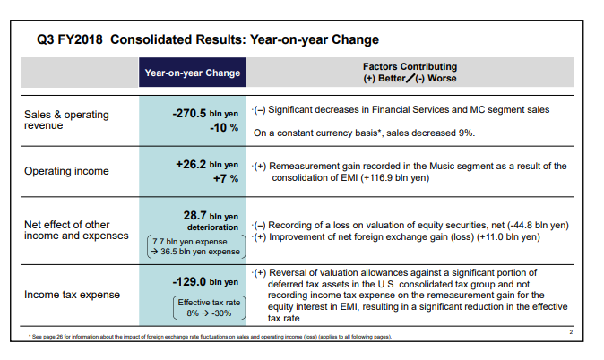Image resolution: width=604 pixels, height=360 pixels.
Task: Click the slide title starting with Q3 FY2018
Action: coord(208,39)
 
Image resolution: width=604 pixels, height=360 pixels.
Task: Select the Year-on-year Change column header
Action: coord(193,73)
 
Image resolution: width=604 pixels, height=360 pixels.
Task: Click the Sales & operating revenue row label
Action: coord(66,120)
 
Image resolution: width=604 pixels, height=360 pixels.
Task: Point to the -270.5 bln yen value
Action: coord(205,113)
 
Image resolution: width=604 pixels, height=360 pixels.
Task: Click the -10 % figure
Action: coord(224,127)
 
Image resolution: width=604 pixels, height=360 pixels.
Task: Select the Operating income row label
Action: coord(66,171)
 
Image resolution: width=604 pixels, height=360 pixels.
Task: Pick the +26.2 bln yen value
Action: coord(207,165)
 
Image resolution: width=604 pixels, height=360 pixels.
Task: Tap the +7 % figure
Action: coord(226,178)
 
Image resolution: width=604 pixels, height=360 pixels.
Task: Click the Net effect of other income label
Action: coord(76,230)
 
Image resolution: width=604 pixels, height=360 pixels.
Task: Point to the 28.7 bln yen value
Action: coord(211,215)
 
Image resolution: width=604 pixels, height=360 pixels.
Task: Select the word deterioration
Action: coord(212,227)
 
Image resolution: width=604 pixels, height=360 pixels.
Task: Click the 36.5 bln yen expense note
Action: coord(200,252)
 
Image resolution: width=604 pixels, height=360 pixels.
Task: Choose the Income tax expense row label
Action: coord(72,295)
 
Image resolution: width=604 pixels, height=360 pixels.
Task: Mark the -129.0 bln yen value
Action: coord(205,282)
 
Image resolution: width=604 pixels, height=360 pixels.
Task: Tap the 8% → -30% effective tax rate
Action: coord(209,313)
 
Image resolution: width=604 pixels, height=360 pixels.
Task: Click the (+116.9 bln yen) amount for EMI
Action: coord(395,177)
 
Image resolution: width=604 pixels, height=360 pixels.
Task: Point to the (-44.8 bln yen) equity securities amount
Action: coord(538,225)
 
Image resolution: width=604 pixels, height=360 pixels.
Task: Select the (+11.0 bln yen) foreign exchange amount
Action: coord(508,236)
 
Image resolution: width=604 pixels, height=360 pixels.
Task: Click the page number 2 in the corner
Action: coord(571,332)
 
